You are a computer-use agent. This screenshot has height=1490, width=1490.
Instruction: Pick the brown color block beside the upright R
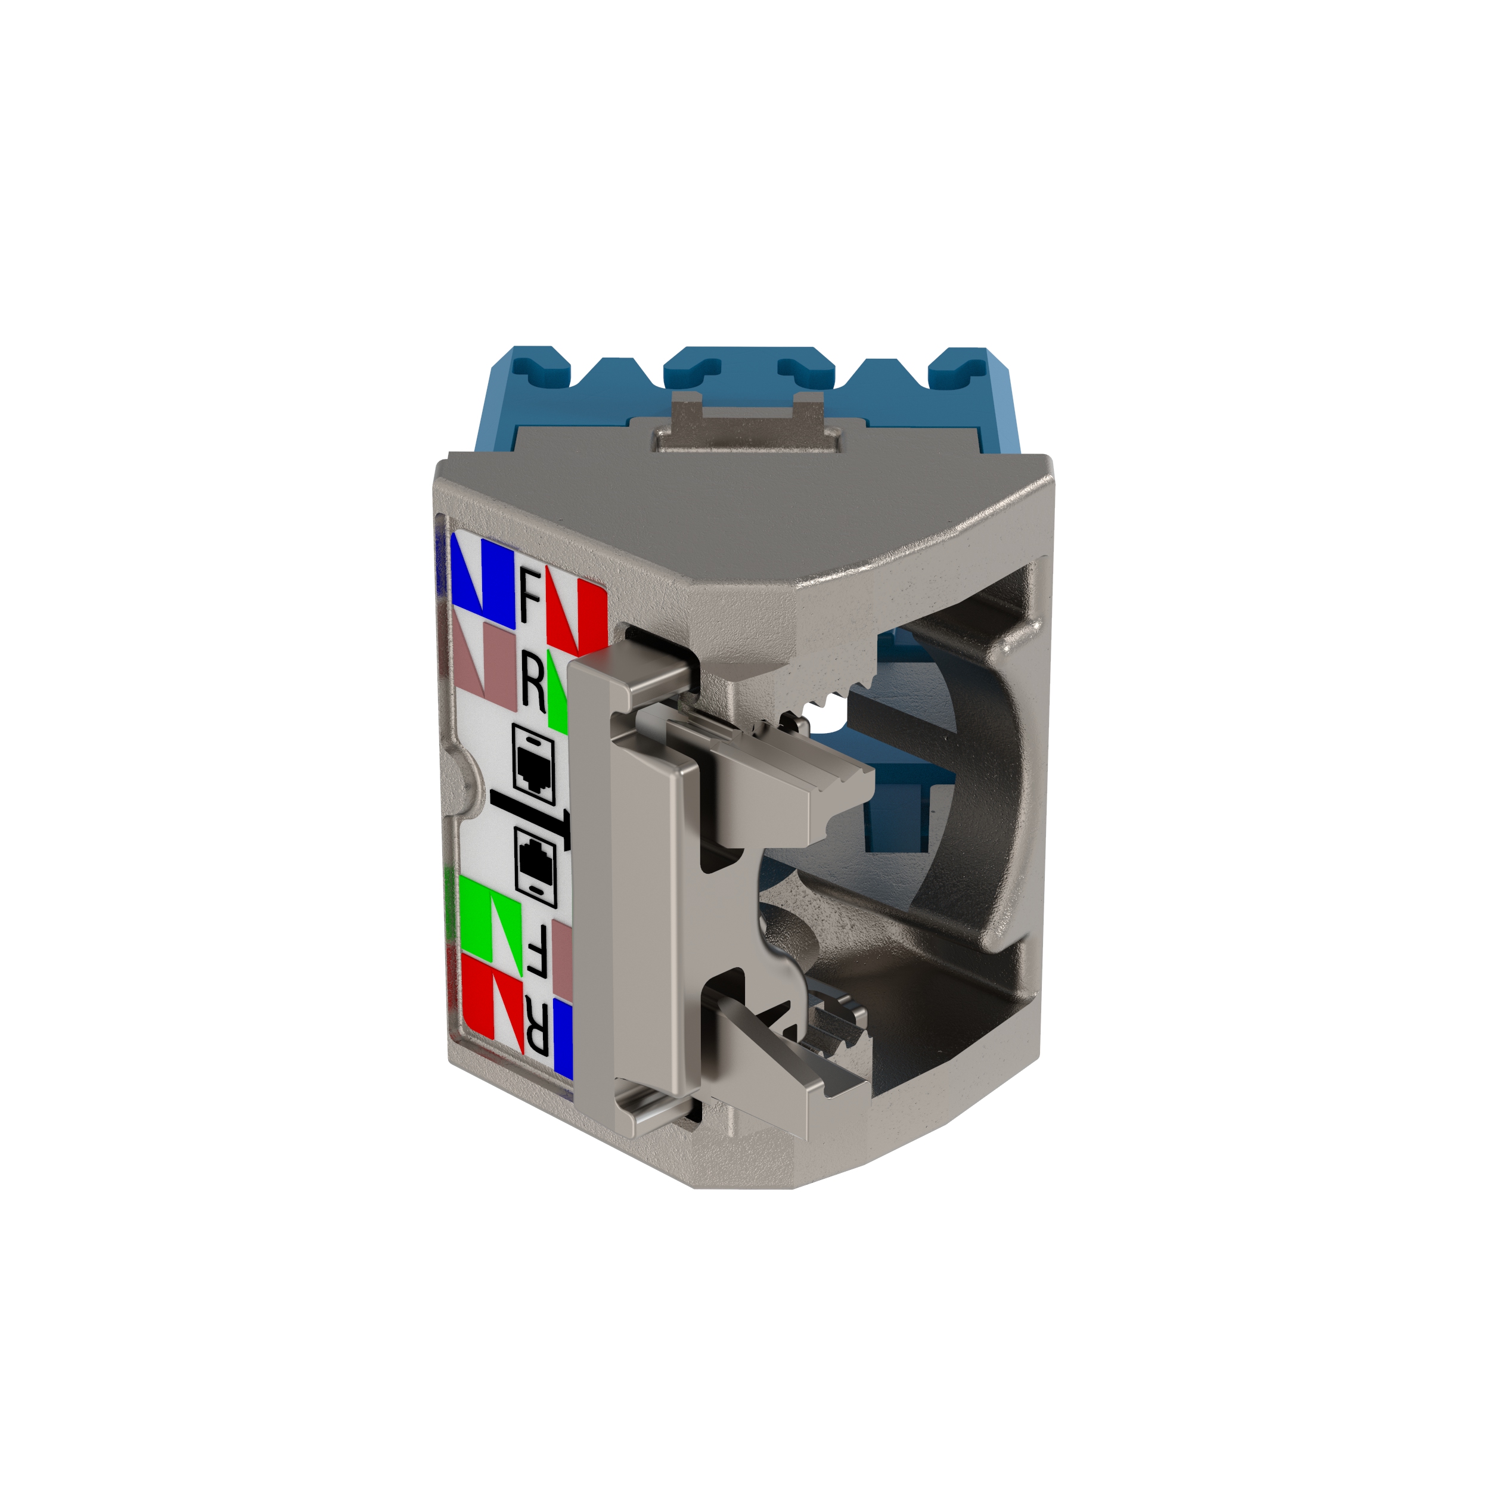(x=486, y=664)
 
